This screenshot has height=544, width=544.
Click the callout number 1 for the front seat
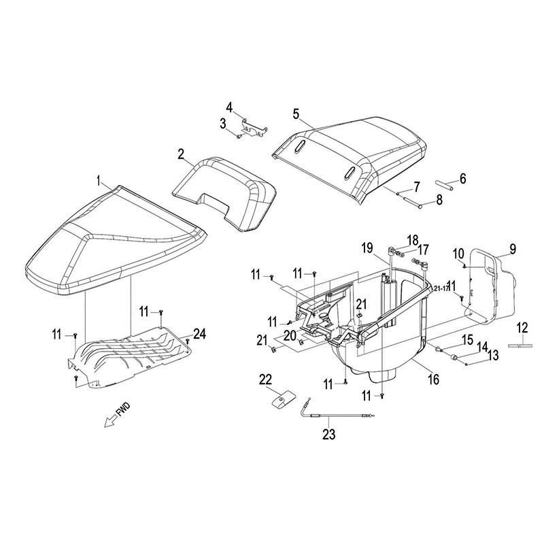[100, 180]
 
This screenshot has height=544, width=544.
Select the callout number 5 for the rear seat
[296, 113]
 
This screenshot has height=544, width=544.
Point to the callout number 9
[512, 248]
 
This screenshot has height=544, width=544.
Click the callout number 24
[199, 333]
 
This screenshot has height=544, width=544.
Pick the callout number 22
[265, 378]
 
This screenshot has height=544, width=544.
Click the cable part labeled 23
[333, 414]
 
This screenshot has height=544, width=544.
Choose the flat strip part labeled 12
[521, 346]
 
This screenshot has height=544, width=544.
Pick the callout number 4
[229, 107]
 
